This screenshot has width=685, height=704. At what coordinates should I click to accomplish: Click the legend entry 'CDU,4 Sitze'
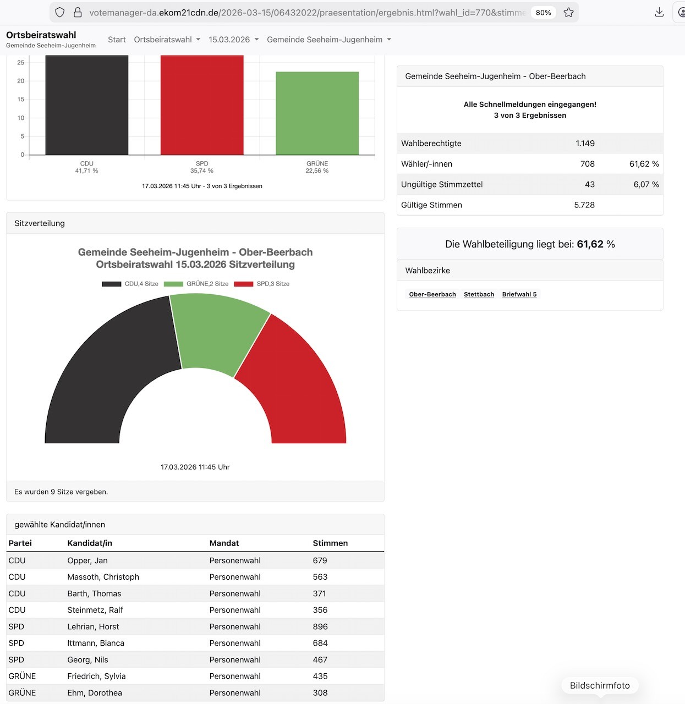click(130, 284)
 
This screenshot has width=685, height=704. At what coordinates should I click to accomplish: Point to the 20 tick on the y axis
click(21, 81)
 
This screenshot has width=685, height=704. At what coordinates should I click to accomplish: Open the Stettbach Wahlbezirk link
click(479, 294)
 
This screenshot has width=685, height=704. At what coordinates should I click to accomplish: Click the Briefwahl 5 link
click(519, 294)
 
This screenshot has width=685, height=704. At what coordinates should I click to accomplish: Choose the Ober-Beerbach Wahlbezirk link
click(432, 294)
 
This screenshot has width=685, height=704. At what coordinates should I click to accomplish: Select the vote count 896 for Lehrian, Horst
click(320, 626)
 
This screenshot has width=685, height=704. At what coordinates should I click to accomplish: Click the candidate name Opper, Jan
click(87, 560)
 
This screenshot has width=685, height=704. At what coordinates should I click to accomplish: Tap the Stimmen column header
click(330, 543)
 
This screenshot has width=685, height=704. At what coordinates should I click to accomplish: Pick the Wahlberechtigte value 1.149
click(585, 143)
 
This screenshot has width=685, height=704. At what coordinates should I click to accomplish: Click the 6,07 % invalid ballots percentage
click(646, 184)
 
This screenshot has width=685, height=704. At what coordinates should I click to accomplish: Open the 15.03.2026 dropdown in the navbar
click(233, 40)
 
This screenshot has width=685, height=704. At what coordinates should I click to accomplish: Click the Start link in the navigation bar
click(117, 40)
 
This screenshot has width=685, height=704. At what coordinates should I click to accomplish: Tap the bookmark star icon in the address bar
click(569, 12)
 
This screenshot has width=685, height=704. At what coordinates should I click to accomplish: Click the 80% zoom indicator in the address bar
click(543, 12)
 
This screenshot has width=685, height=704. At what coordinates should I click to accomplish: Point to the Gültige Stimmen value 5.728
click(584, 205)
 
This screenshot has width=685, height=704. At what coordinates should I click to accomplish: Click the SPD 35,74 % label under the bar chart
click(202, 167)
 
